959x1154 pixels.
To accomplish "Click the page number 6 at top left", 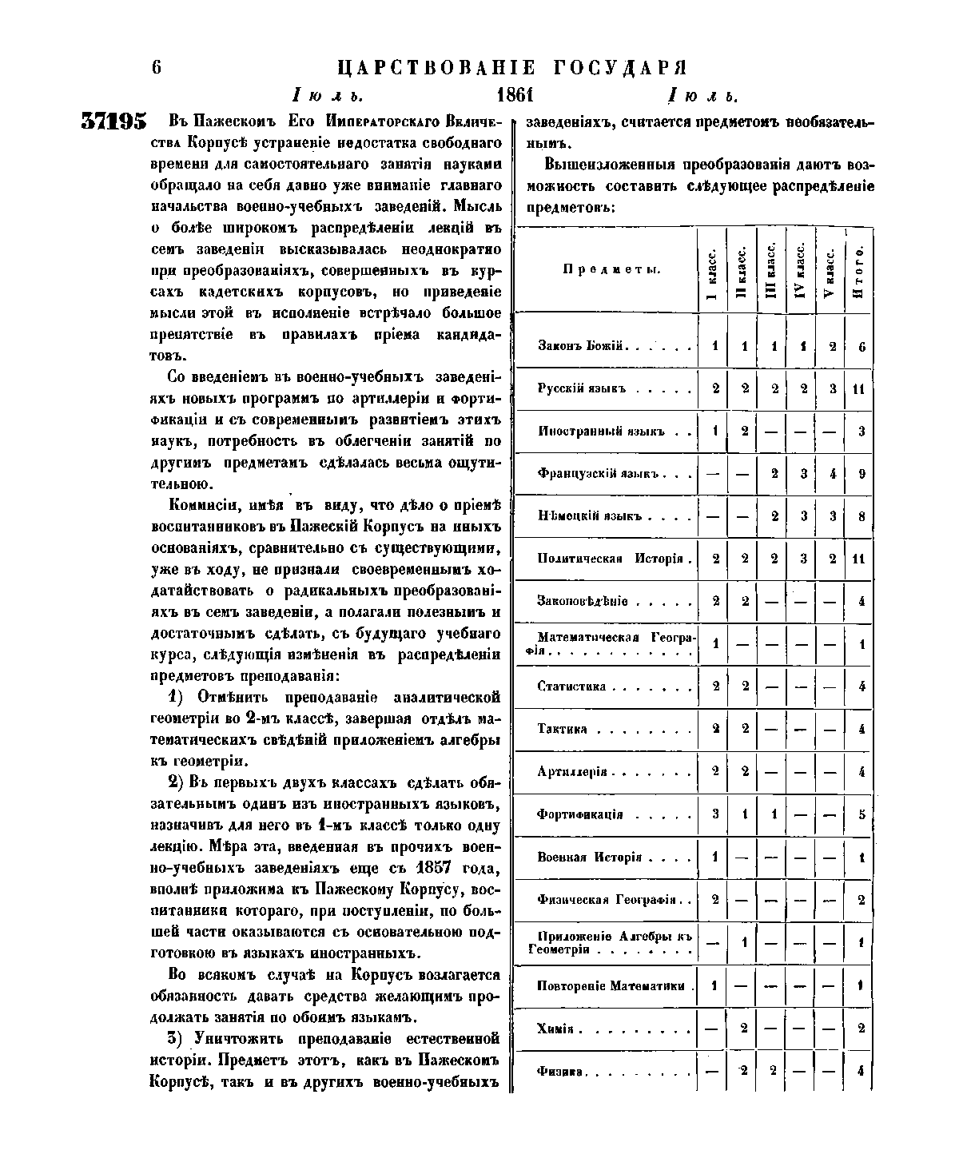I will pyautogui.click(x=157, y=67).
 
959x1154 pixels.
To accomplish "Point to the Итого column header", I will pyautogui.click(x=859, y=270).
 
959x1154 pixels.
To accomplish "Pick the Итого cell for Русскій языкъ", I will pyautogui.click(x=860, y=389).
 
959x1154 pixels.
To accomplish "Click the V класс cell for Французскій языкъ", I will pyautogui.click(x=832, y=473).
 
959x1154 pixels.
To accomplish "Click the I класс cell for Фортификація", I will pyautogui.click(x=714, y=814).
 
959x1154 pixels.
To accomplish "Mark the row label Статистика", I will pyautogui.click(x=572, y=686).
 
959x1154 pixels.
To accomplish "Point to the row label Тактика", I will pyautogui.click(x=563, y=729).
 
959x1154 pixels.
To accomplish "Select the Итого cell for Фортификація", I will pyautogui.click(x=861, y=814).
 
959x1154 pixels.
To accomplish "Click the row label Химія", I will pyautogui.click(x=556, y=1028).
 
